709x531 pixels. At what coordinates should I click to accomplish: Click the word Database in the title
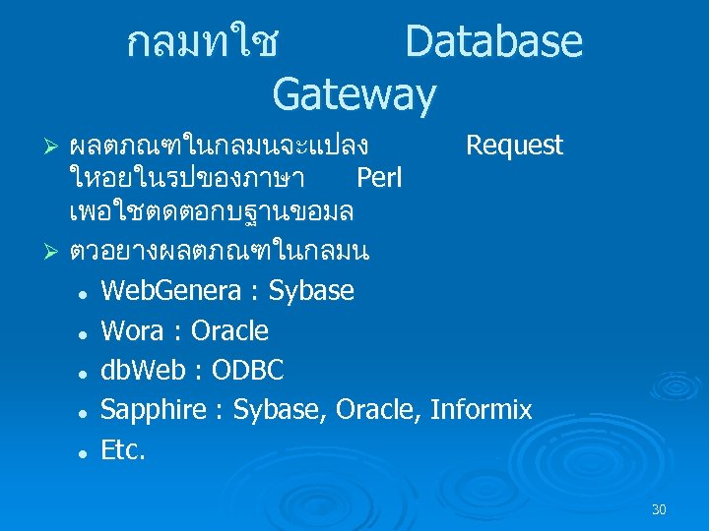point(493,42)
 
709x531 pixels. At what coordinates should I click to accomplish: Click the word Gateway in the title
point(354,94)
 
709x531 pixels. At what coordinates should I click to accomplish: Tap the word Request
point(514,147)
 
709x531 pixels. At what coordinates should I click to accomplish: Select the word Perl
point(379,179)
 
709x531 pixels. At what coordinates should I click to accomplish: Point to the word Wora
point(133,330)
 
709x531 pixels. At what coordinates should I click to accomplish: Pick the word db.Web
point(143,370)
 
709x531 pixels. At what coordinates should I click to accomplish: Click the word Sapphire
point(152,410)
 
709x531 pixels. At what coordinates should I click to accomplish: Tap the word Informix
point(481,409)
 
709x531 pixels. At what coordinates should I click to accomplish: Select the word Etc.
point(123,449)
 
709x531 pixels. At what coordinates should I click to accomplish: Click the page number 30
point(659,509)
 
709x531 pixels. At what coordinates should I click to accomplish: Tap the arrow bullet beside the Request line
point(55,147)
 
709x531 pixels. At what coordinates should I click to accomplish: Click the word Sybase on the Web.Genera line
point(311,291)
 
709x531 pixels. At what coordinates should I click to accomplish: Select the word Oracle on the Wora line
point(229,330)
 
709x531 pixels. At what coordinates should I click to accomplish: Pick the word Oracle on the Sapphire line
point(377,409)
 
